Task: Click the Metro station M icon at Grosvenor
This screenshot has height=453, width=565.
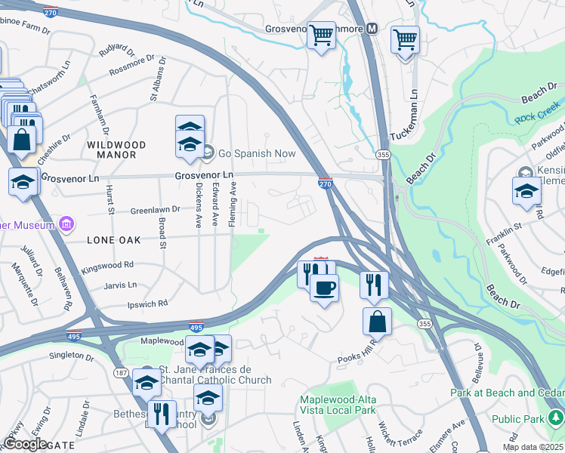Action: [x=372, y=29]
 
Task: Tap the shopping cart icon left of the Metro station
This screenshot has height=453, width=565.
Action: [x=322, y=35]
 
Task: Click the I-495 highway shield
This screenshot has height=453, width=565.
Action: [x=195, y=327]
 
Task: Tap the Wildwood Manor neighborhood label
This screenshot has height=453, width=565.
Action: [x=111, y=149]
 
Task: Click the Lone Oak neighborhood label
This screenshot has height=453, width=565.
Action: [x=114, y=238]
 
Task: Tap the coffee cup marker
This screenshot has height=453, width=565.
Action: [x=324, y=288]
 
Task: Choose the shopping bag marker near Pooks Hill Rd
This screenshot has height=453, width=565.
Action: [x=377, y=322]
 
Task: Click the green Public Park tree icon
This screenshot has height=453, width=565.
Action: [x=556, y=417]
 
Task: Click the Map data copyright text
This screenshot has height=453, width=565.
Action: [x=532, y=447]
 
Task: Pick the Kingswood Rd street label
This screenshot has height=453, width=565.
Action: [x=107, y=265]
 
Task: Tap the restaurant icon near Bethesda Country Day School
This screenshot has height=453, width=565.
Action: [x=161, y=414]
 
